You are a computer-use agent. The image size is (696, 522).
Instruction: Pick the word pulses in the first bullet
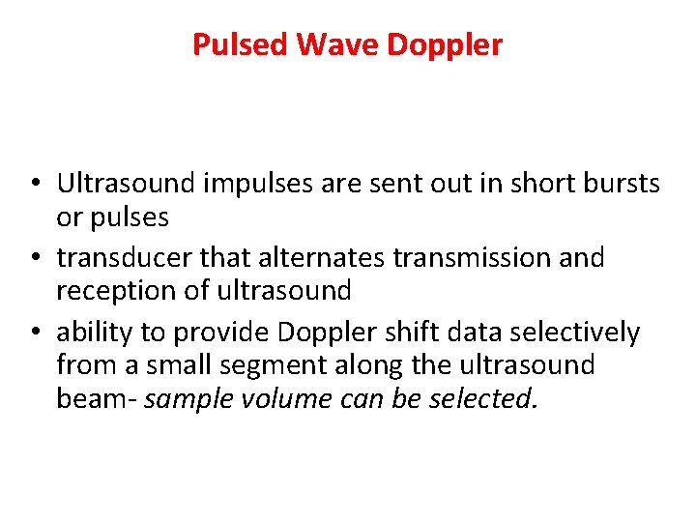point(130,218)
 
